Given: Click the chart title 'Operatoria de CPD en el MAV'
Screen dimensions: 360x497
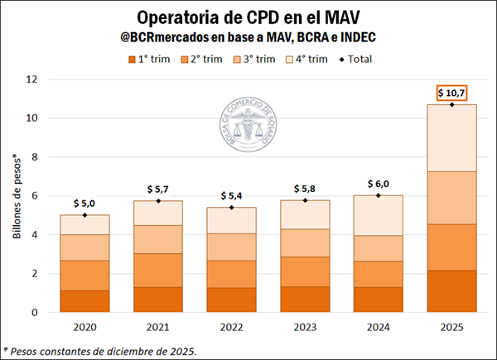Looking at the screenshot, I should pyautogui.click(x=248, y=17).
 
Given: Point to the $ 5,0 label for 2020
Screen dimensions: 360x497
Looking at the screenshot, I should pyautogui.click(x=84, y=203).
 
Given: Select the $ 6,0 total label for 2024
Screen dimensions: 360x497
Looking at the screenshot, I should pyautogui.click(x=379, y=184).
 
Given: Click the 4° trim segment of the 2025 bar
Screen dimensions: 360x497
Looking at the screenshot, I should pyautogui.click(x=452, y=138).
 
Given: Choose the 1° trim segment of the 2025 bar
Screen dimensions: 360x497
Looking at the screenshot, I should pyautogui.click(x=452, y=291).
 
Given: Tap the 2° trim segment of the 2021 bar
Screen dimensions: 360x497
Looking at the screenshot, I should pyautogui.click(x=157, y=270).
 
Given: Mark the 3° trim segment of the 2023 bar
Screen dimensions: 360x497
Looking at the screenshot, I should pyautogui.click(x=305, y=242).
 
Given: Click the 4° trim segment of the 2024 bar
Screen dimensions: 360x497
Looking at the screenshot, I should pyautogui.click(x=379, y=215).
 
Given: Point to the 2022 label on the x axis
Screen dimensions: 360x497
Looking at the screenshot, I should pyautogui.click(x=231, y=326).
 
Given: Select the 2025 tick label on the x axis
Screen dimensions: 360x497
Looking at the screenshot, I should pyautogui.click(x=452, y=326).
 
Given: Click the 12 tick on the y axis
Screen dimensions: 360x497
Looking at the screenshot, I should pyautogui.click(x=32, y=79).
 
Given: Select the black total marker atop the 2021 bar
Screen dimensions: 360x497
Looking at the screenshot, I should pyautogui.click(x=157, y=201).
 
